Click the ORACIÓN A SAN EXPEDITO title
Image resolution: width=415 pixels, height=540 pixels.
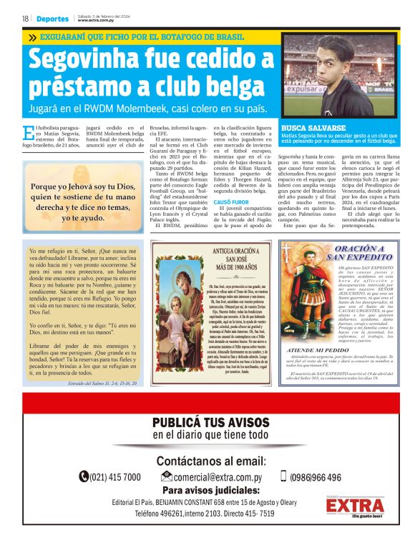click(x=350, y=251)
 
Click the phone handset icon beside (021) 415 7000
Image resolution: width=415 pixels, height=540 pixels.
click(x=84, y=476)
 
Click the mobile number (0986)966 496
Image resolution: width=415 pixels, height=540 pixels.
click(x=316, y=476)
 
